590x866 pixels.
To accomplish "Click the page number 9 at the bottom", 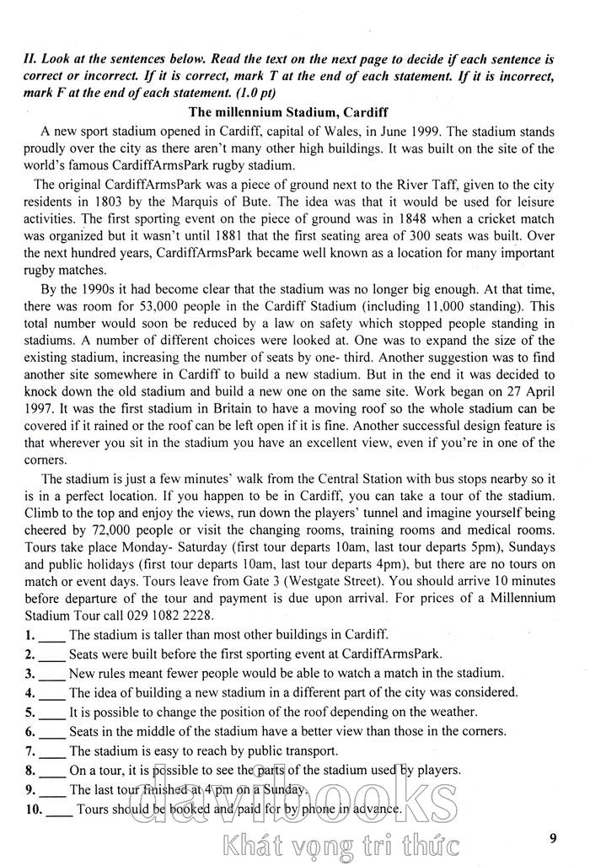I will click(552, 837).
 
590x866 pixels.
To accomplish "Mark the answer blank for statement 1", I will click(52, 635).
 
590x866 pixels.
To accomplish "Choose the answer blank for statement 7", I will click(52, 750).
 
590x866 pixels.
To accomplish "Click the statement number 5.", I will click(29, 712).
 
